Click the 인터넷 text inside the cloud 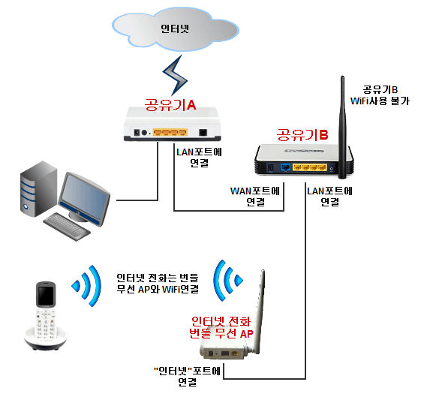pos(175,29)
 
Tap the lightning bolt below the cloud pos(175,75)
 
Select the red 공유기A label pos(170,105)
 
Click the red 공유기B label pos(302,135)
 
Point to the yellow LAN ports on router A pos(170,132)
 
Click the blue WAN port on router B pos(285,167)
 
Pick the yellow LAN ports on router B pos(310,167)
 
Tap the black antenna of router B pos(342,128)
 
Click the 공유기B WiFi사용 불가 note pos(380,95)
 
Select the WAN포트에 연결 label pos(255,196)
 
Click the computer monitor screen pos(84,197)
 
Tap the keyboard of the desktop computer pos(67,227)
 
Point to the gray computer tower pos(39,188)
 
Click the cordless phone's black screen pos(46,296)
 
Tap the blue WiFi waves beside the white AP pos(227,280)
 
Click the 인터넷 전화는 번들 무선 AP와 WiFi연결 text pos(158,283)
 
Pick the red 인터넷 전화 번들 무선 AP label pos(221,327)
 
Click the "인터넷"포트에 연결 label pos(187,377)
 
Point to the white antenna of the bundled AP pos(260,311)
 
